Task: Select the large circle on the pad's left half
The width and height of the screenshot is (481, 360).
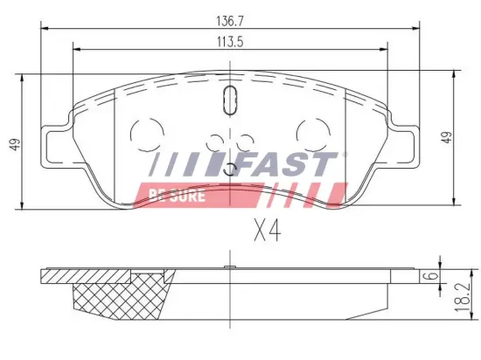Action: (143, 133)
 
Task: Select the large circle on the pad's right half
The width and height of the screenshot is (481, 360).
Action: (311, 133)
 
